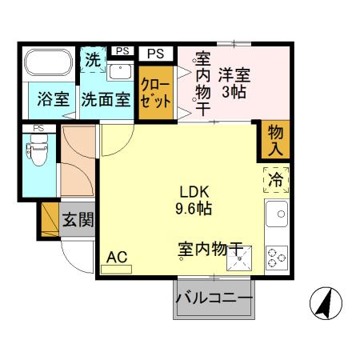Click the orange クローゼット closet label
(x=155, y=94)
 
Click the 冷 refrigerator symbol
(x=275, y=181)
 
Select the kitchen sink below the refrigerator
(x=277, y=214)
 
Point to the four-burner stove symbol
(x=277, y=255)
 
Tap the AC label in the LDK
(x=116, y=257)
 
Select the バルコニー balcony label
(x=213, y=298)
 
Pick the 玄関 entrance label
(x=78, y=219)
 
